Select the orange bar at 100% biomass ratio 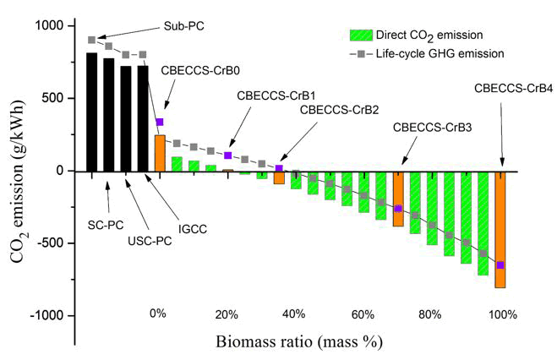click(500, 229)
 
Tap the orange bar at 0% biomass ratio click(160, 153)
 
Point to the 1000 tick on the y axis click(51, 26)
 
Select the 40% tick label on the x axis click(294, 314)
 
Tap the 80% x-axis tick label click(430, 314)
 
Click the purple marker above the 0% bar click(160, 122)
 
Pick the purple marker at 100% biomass click(500, 265)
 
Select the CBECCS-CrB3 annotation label click(432, 128)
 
